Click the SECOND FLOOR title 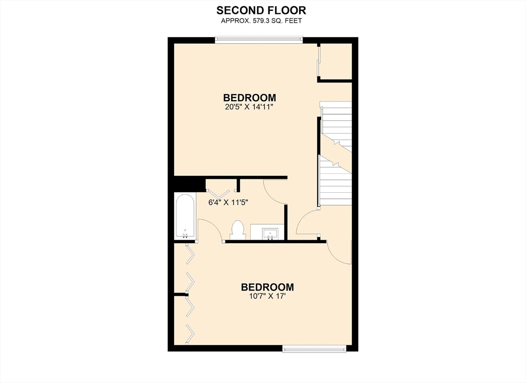[261, 10]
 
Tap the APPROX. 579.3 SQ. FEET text [261, 21]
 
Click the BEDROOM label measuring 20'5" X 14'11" [250, 97]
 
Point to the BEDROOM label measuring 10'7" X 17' [268, 287]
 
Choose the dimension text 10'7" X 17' [268, 297]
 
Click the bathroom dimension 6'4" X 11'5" [228, 202]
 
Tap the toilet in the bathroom [237, 229]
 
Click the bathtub [184, 216]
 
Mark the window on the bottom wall [315, 349]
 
